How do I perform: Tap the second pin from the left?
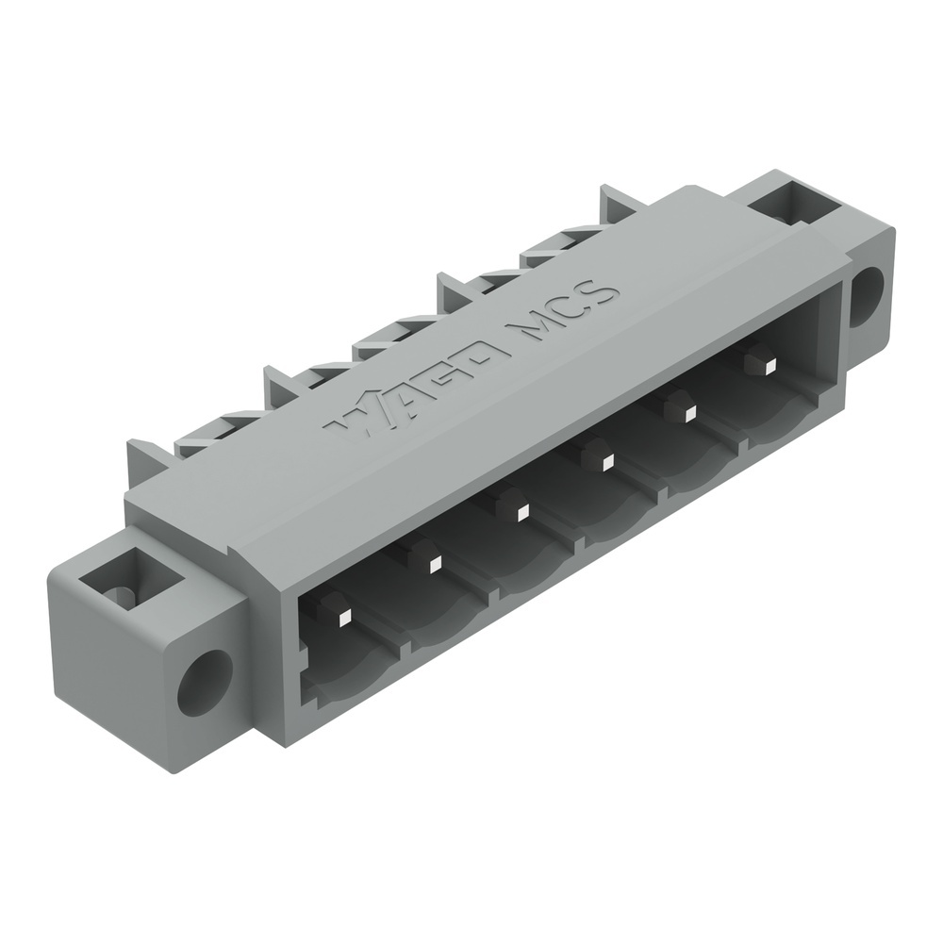point(434,565)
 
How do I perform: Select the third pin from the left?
point(521,512)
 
